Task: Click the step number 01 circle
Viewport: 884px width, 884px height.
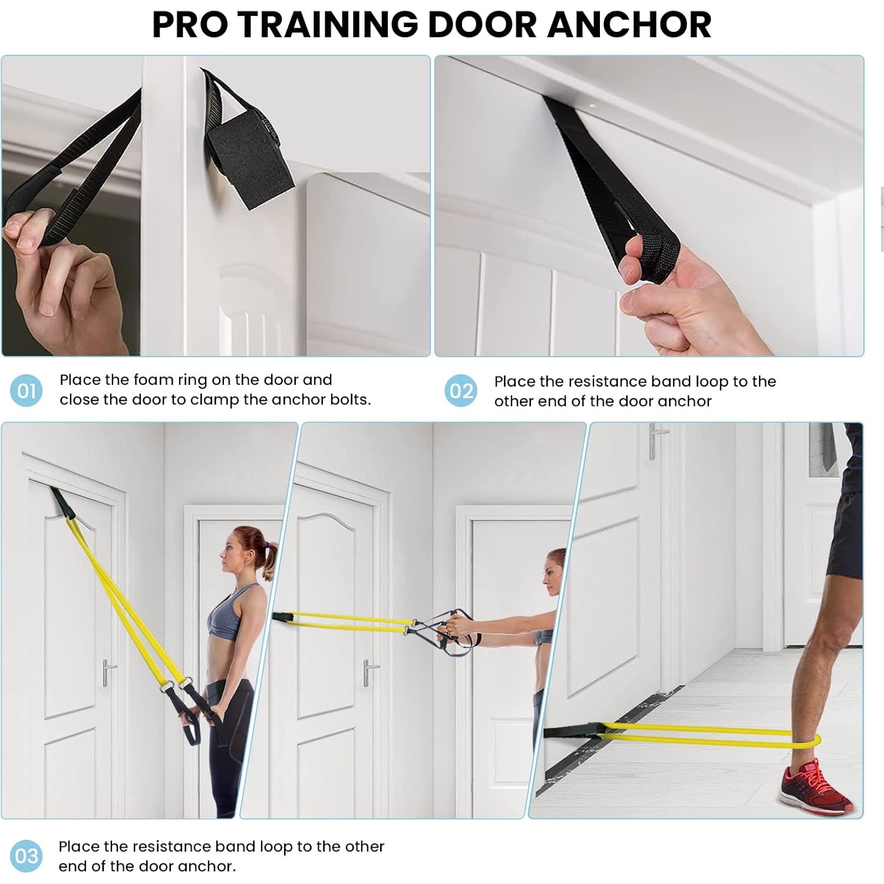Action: click(x=27, y=390)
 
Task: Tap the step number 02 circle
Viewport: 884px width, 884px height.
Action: click(x=461, y=391)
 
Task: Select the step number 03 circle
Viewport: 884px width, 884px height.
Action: click(x=27, y=856)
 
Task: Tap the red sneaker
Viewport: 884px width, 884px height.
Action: click(x=816, y=786)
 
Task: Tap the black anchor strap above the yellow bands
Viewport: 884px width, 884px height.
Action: click(x=62, y=503)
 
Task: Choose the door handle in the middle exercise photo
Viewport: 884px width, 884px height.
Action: click(x=369, y=671)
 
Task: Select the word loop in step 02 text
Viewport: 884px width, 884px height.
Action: click(x=712, y=382)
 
